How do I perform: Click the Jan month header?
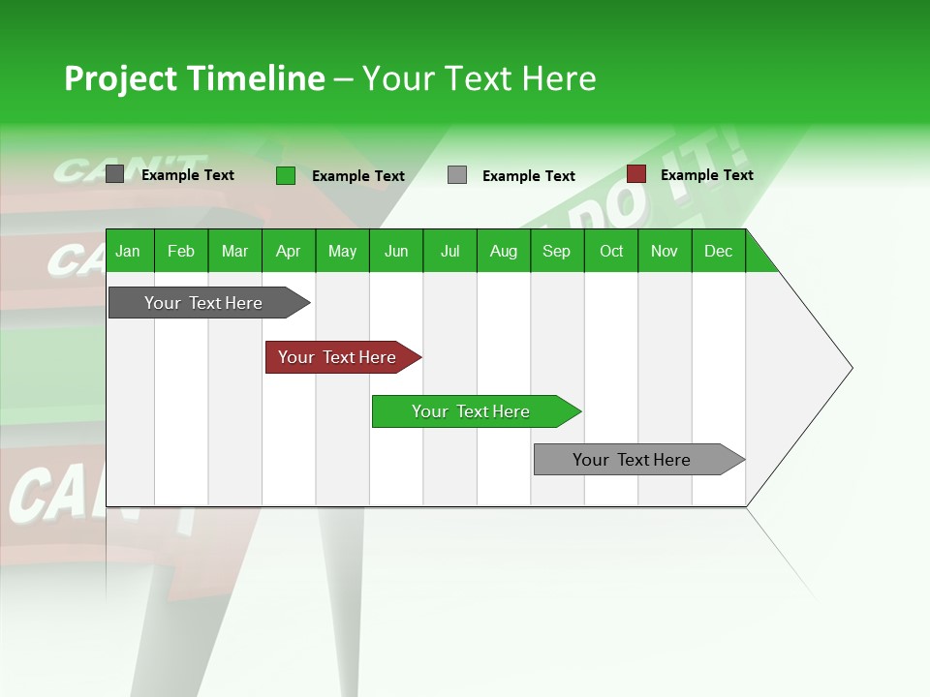pos(128,251)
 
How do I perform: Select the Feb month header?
pos(181,251)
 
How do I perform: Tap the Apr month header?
pos(288,251)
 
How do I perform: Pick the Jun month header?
pos(396,251)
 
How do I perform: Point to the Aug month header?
pos(503,251)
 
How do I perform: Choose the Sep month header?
pos(556,251)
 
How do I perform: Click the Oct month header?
pos(611,251)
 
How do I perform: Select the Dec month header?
pos(718,251)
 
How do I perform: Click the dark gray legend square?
pos(115,174)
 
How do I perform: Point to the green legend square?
pos(286,175)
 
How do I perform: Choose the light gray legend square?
pos(457,175)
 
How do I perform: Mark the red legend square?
pos(636,174)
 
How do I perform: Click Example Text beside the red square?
pos(706,175)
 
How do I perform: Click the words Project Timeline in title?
pos(194,78)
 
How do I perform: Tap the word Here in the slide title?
pos(559,78)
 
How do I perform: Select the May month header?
pos(342,251)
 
